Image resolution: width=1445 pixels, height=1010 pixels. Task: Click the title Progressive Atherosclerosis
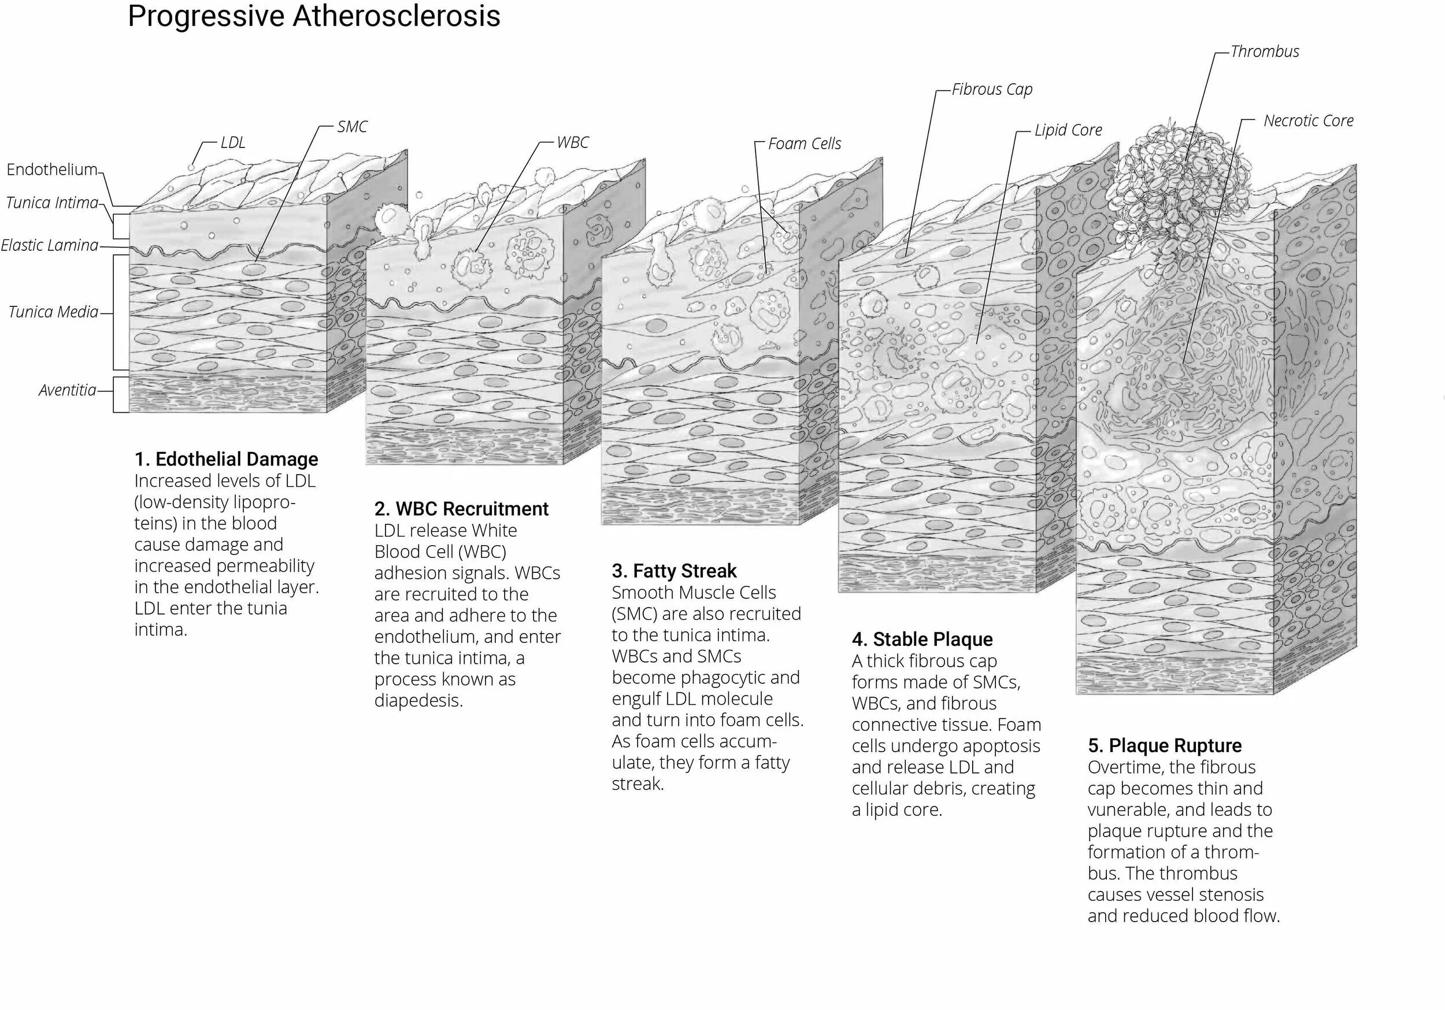click(x=313, y=16)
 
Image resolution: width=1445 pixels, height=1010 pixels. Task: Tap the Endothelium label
click(x=52, y=169)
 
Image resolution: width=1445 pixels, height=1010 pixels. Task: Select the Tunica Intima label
click(x=53, y=203)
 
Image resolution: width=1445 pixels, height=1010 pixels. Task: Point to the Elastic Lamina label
click(x=50, y=245)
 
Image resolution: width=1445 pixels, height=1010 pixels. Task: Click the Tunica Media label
click(x=54, y=312)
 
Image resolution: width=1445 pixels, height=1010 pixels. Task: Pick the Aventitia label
click(x=68, y=390)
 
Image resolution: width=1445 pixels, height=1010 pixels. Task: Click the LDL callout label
click(x=233, y=143)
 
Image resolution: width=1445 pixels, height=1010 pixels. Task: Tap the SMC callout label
click(x=352, y=127)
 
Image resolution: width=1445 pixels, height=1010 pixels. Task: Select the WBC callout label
click(x=572, y=143)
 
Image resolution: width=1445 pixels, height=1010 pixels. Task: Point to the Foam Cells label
click(x=805, y=144)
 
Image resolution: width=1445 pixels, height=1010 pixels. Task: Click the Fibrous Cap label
click(x=992, y=90)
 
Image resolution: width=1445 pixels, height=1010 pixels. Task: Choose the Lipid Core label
click(x=1068, y=130)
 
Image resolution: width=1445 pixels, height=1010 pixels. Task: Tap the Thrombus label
click(x=1265, y=51)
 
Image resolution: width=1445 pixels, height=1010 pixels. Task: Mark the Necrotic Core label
click(x=1308, y=121)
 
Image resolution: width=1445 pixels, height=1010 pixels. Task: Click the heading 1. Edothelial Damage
click(x=227, y=459)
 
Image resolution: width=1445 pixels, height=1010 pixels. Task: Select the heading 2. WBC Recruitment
click(x=461, y=509)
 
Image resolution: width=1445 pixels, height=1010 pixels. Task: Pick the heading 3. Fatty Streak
click(x=674, y=571)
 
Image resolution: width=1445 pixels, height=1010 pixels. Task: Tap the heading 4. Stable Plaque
click(x=922, y=640)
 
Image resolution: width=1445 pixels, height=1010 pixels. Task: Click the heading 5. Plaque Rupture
click(x=1164, y=746)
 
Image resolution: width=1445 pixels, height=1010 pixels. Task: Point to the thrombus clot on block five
click(x=1177, y=183)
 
